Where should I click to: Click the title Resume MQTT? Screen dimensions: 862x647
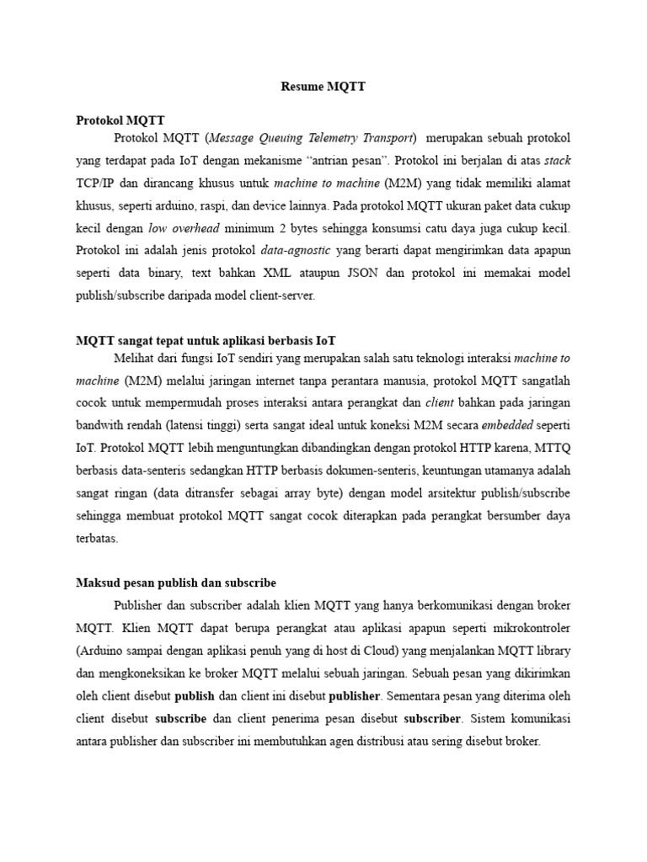pos(323,87)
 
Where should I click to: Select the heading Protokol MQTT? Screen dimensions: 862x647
pos(120,120)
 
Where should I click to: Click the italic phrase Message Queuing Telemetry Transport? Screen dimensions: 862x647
pos(312,137)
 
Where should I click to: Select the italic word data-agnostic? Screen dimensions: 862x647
pos(297,251)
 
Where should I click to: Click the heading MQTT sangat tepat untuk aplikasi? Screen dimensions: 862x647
pos(206,341)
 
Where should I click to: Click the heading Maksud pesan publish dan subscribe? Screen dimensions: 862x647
pos(175,583)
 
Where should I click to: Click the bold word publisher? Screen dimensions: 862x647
pos(355,696)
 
